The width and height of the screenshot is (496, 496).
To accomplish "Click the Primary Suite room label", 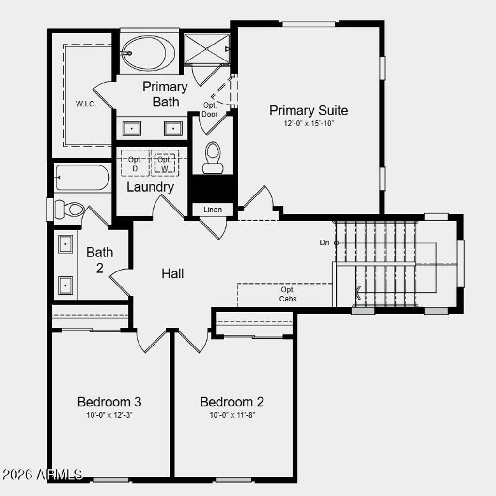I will pos(309,110).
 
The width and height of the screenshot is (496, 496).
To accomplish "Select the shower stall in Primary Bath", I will pos(207,48).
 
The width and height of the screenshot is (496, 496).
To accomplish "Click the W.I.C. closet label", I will pos(86,104).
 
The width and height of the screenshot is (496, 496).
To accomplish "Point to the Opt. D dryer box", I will pos(135,164).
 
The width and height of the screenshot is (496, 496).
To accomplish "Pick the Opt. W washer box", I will pos(165,164).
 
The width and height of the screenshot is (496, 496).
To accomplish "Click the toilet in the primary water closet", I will pos(213,157).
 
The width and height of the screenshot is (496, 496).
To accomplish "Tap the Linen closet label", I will pos(213,210).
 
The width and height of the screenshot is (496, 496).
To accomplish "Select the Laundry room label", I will pos(150,187).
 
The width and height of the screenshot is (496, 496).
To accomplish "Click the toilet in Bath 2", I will pos(69,210).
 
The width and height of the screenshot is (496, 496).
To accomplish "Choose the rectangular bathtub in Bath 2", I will pos(82,178).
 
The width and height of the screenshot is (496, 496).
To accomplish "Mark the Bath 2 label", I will pos(100,259).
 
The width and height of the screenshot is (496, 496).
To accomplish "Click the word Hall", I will pos(173,273).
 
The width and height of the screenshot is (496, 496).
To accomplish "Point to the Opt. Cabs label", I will pos(288,294).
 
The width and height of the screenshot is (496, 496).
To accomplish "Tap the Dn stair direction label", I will pos(325,242).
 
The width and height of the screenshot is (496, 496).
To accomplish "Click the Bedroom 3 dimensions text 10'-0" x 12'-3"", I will pos(109,415).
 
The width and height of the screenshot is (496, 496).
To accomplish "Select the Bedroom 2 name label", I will pos(232,402).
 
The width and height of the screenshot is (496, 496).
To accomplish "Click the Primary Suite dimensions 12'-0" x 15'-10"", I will pos(309,123).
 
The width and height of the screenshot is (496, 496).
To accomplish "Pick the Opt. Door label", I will pos(210,110).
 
